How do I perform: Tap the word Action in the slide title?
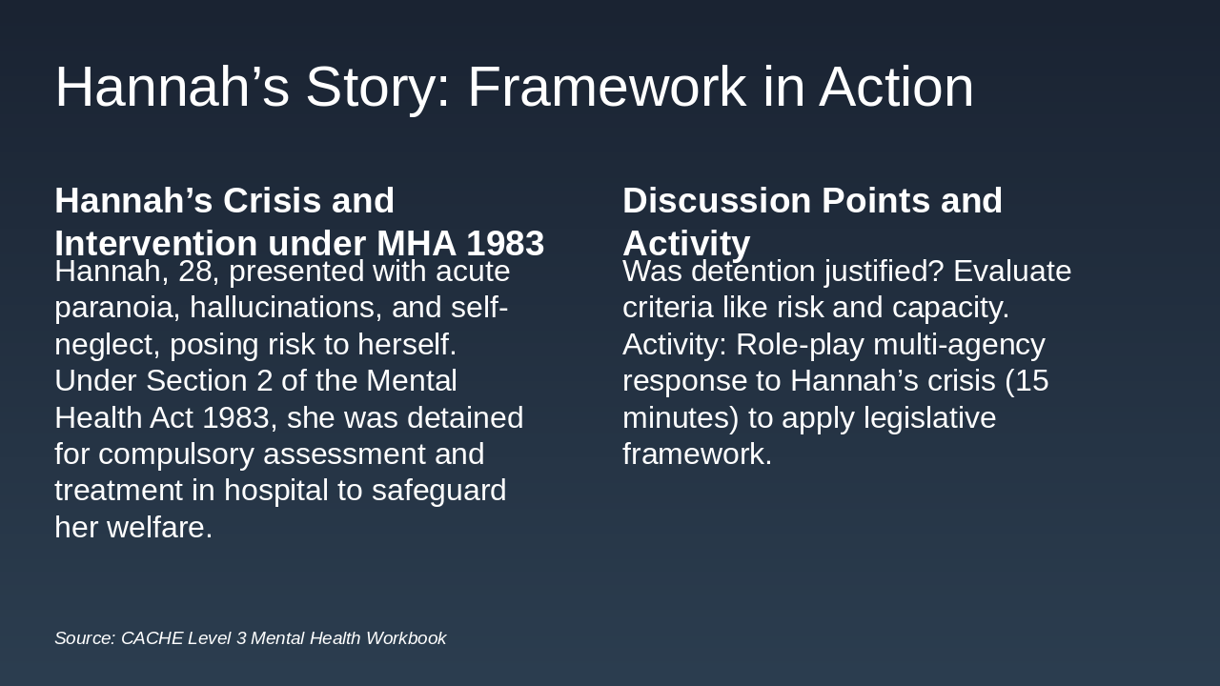coord(896,87)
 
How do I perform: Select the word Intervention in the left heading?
coord(155,243)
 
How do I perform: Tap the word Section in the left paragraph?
coord(196,380)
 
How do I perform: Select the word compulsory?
coord(176,455)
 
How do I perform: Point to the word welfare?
coord(159,528)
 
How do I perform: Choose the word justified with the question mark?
coord(884,272)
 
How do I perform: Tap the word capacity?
coord(950,308)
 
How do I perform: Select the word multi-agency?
coord(959,345)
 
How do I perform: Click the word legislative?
coord(929,418)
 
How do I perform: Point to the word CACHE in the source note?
coord(152,638)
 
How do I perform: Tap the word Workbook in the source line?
coord(406,638)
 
